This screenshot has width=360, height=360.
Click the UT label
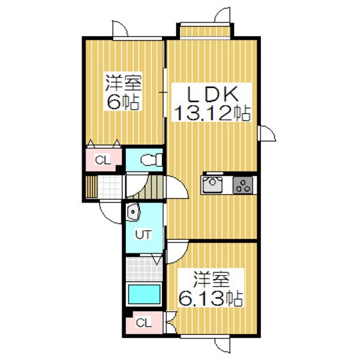pyautogui.click(x=143, y=235)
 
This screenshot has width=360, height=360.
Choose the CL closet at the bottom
pyautogui.click(x=144, y=323)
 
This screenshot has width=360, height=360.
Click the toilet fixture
pyautogui.click(x=147, y=159)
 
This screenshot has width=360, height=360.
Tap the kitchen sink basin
pyautogui.click(x=212, y=185)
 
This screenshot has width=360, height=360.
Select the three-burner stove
pyautogui.click(x=244, y=185)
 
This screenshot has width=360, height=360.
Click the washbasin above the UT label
pyautogui.click(x=133, y=212)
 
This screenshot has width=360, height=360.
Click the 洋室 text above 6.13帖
pyautogui.click(x=211, y=281)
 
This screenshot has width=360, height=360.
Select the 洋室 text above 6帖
pyautogui.click(x=123, y=84)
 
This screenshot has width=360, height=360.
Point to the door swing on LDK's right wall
pyautogui.click(x=267, y=136)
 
